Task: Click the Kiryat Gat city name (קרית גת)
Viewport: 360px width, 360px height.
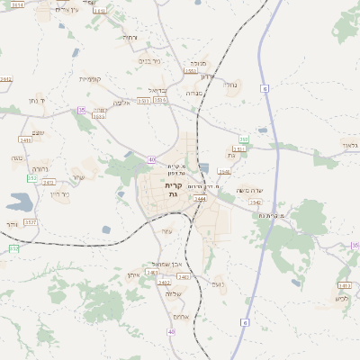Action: pos(173,190)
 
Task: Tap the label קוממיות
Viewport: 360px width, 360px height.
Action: pos(91,79)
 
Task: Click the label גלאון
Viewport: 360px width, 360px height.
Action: pos(349,144)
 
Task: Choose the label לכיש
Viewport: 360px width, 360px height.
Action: pos(341,298)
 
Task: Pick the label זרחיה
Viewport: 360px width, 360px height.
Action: pos(40,168)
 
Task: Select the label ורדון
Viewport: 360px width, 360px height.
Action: pos(206,76)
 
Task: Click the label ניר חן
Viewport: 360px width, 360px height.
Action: pos(59,193)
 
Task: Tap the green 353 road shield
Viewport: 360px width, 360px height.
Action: pos(244,139)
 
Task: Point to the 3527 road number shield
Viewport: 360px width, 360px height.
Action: pos(31,221)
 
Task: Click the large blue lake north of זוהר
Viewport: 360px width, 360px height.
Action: pos(18,202)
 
